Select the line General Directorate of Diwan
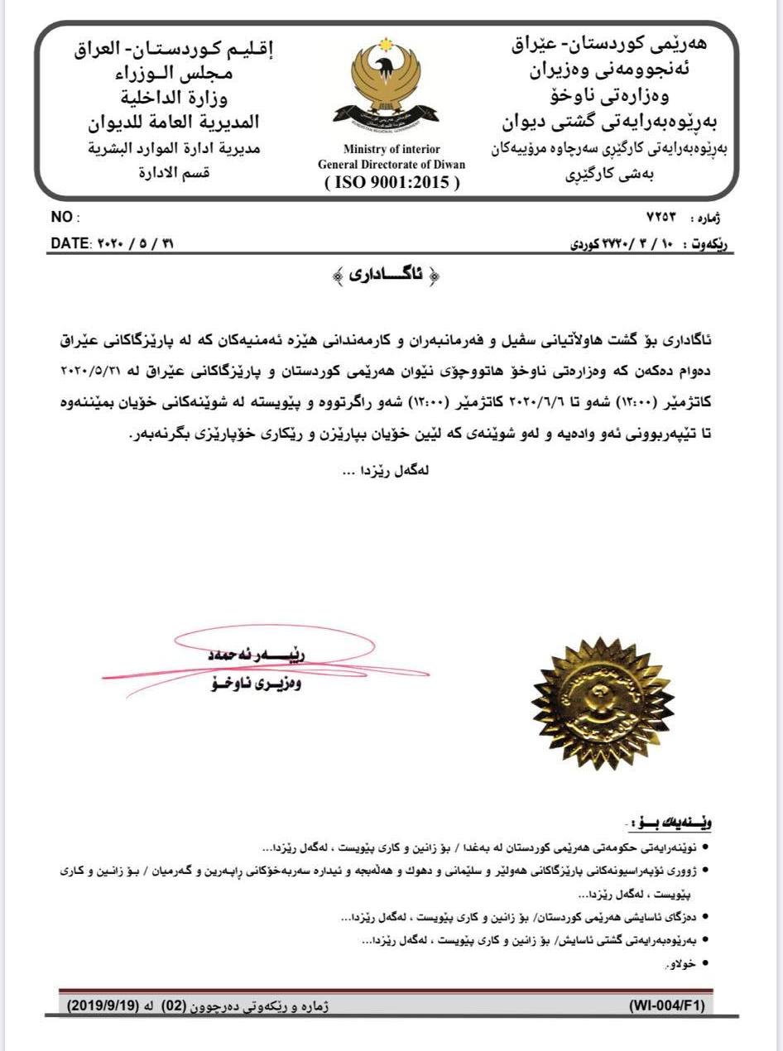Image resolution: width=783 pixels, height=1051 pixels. coord(391,165)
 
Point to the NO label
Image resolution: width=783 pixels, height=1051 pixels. coord(62,218)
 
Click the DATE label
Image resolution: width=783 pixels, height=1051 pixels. coord(69,245)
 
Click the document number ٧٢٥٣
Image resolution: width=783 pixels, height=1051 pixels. coord(661,218)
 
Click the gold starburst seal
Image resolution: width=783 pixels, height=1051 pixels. coord(590,703)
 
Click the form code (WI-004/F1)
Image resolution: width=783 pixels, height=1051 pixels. coord(666,1005)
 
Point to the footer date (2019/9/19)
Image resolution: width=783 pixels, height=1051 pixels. coord(103,1005)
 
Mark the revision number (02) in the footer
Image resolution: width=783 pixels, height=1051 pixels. coord(183,1005)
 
